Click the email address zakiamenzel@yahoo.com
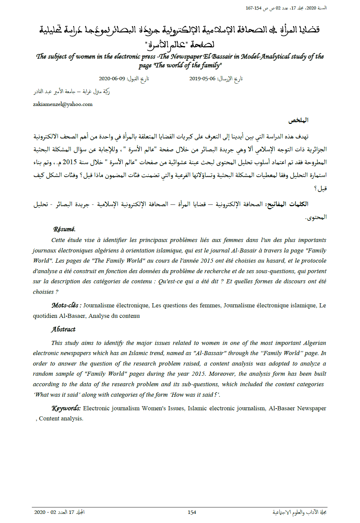[x=63, y=104]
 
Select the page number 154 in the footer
[x=192, y=512]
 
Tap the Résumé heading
[x=64, y=229]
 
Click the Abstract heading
[x=63, y=329]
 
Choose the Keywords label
[x=66, y=408]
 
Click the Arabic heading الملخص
[x=298, y=120]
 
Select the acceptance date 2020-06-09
[x=112, y=79]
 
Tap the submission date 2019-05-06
[x=202, y=79]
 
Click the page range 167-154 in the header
[x=253, y=8]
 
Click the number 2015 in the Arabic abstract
[x=70, y=162]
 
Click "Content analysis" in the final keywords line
[x=61, y=418]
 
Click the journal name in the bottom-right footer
[x=299, y=512]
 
